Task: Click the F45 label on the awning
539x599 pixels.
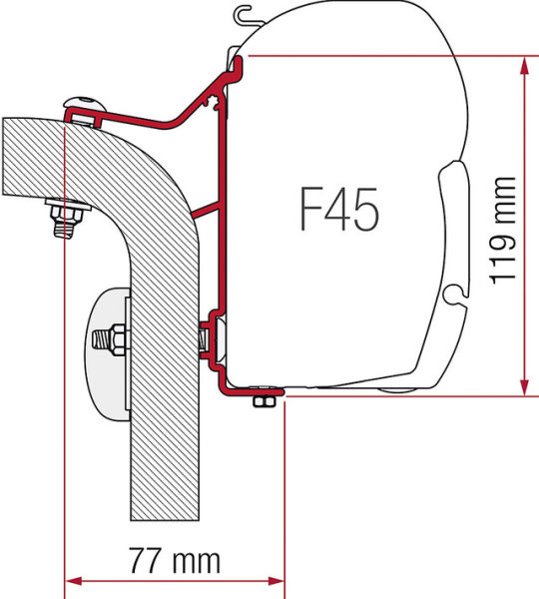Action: (339, 209)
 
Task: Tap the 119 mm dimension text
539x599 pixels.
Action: (503, 231)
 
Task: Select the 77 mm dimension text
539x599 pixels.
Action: (175, 560)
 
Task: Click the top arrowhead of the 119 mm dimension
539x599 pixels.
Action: (525, 66)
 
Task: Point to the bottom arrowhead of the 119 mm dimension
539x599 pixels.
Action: (525, 385)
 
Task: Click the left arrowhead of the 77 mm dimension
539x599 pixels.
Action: (73, 581)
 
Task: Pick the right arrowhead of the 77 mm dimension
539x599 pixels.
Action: (275, 581)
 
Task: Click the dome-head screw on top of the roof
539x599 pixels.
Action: (85, 104)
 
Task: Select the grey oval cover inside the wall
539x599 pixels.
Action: (108, 354)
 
